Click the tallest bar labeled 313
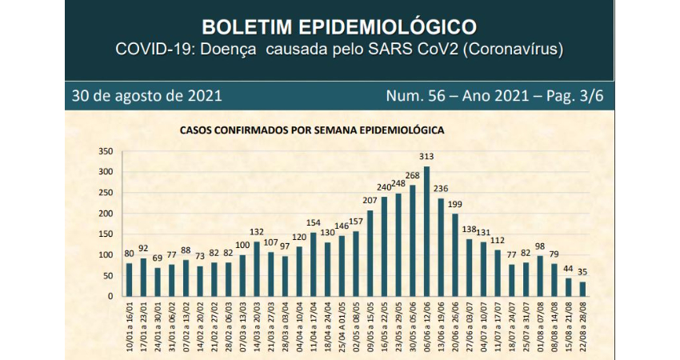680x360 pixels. pos(426,232)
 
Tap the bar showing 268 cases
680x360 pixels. pos(413,241)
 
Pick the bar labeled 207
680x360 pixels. pos(370,254)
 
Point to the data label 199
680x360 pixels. pos(455,205)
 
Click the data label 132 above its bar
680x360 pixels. pos(257,232)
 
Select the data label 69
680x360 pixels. pos(158,258)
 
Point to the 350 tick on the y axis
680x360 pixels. pos(105,151)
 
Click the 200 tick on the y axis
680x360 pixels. pos(105,214)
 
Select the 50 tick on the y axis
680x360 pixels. pos(107,276)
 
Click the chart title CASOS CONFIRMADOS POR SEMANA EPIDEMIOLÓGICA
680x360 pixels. pos(312,128)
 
